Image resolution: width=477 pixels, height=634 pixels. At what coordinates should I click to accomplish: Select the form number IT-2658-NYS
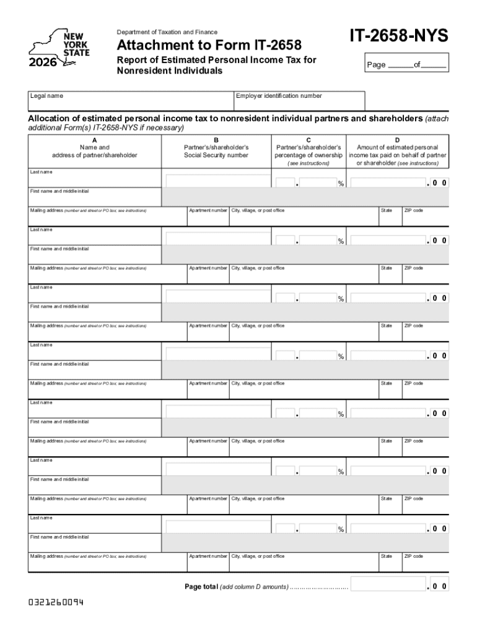point(398,37)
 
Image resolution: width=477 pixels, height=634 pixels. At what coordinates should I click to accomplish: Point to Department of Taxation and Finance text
point(167,32)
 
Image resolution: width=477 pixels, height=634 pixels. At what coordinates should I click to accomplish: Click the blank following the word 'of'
point(434,65)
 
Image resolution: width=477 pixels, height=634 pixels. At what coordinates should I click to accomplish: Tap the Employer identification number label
point(279,96)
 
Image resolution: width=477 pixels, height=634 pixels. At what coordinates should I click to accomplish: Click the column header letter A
point(95,140)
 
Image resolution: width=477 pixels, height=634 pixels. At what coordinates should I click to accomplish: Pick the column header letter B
point(216,140)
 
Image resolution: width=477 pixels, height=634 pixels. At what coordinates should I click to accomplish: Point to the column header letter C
point(309,140)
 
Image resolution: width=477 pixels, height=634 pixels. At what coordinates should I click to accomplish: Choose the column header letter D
point(397,140)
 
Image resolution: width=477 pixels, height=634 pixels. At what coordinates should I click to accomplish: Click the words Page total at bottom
point(201,586)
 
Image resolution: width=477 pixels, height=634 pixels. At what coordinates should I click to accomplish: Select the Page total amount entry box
point(388,584)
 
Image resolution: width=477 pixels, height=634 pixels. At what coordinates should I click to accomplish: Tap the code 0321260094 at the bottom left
point(56,602)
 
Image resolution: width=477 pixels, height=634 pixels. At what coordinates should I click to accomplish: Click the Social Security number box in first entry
point(218,181)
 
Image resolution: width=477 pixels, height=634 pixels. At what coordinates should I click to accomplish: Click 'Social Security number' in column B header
point(216,155)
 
